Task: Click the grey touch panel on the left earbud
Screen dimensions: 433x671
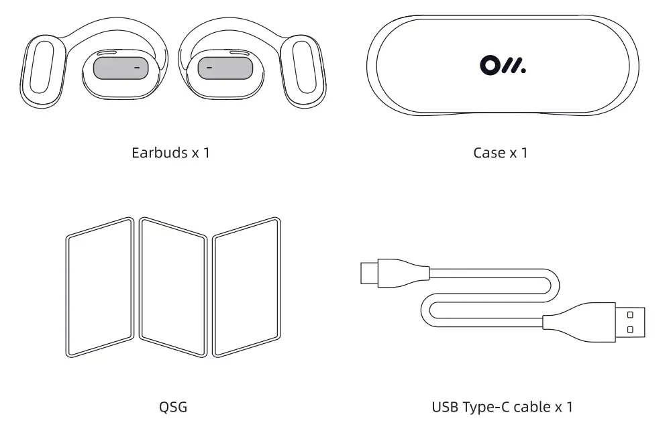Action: coord(120,68)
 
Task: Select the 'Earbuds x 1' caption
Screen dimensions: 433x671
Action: coord(170,153)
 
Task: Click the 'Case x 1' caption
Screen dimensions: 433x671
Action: coord(500,153)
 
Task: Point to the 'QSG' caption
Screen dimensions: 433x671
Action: coord(173,406)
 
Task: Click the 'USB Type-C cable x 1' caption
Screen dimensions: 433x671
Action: coord(503,406)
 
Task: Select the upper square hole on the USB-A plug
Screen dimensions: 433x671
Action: coord(630,314)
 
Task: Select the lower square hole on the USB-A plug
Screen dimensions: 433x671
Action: coord(630,329)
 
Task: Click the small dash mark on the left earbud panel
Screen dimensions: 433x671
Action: coord(136,68)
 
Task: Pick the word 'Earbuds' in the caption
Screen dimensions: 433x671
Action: coord(160,153)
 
